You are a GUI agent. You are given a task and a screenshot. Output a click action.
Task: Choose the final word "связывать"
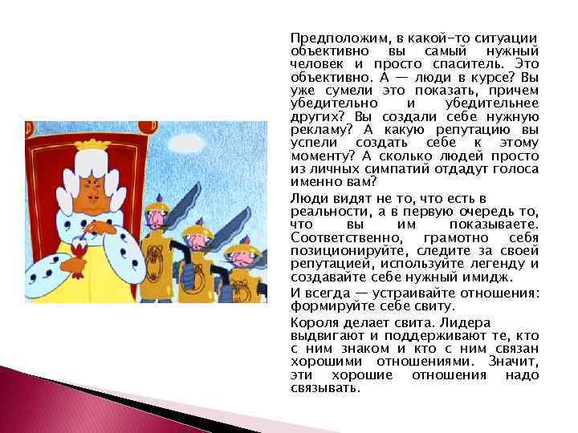[325, 387]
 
